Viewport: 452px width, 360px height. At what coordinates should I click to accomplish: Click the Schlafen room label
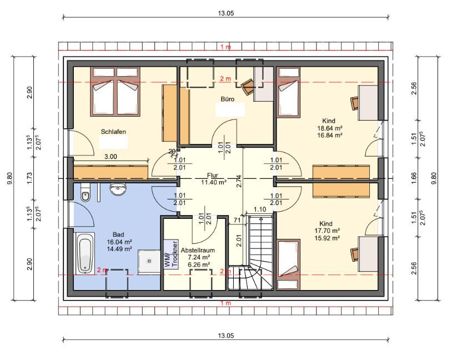click(x=113, y=132)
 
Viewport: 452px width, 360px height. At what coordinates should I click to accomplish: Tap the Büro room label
click(x=228, y=99)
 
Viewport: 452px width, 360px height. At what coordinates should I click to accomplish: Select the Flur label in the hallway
click(x=213, y=176)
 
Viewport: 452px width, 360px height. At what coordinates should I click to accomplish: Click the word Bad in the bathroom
click(x=118, y=235)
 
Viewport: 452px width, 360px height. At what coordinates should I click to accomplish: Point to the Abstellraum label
click(x=198, y=251)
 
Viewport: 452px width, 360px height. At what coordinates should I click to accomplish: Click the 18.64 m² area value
click(x=330, y=128)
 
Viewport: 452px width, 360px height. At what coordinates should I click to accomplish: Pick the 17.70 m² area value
click(x=327, y=231)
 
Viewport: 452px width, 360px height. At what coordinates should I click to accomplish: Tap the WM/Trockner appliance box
click(x=171, y=254)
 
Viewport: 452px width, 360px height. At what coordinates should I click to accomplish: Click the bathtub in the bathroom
click(x=85, y=253)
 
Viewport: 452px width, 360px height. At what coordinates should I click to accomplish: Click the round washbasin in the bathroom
click(x=118, y=189)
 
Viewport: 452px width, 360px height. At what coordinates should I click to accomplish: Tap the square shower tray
click(x=149, y=261)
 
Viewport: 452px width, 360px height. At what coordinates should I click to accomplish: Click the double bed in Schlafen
click(x=115, y=92)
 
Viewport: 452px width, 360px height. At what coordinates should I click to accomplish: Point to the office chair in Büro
click(x=247, y=87)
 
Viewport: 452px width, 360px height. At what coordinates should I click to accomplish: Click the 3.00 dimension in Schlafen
click(x=111, y=157)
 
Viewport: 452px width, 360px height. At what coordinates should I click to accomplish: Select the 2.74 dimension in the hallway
click(x=239, y=182)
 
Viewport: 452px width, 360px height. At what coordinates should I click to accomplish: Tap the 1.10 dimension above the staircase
click(x=260, y=209)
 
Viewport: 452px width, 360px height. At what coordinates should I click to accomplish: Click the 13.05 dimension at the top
click(x=225, y=13)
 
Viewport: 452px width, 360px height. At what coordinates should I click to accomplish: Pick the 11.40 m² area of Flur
click(x=214, y=182)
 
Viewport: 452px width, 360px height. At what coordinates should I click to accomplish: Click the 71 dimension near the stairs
click(x=237, y=221)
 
